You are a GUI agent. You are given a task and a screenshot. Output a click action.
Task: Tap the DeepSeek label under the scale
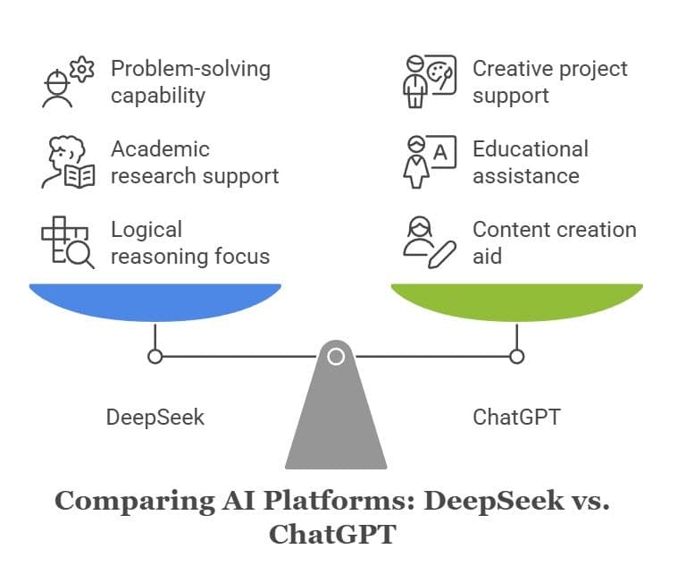[x=155, y=417]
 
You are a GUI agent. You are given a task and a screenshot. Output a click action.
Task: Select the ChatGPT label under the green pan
[x=516, y=417]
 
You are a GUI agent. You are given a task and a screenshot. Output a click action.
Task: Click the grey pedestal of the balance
[x=336, y=420]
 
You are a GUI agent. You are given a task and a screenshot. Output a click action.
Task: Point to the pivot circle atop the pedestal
[x=336, y=357]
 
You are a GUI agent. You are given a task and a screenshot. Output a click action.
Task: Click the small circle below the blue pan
[x=155, y=357]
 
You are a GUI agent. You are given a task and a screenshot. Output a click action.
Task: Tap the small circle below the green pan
[x=516, y=357]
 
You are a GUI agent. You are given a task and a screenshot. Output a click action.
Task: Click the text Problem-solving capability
[x=190, y=81]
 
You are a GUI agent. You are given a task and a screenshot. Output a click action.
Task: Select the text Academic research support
[x=195, y=162]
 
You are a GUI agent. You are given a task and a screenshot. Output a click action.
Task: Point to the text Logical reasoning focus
[x=190, y=242]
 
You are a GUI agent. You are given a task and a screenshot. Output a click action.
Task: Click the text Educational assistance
[x=531, y=162]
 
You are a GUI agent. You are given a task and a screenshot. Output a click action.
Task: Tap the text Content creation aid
[x=554, y=242]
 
